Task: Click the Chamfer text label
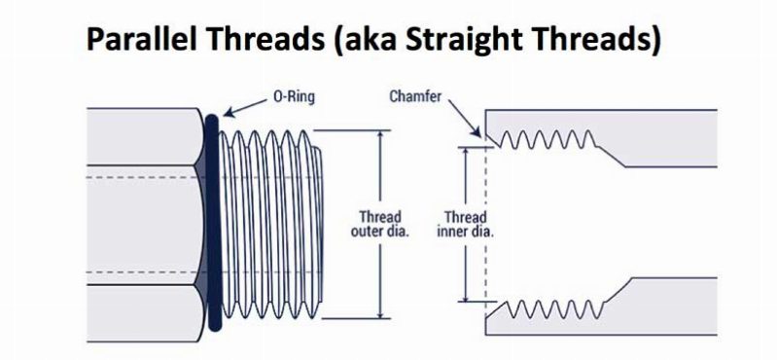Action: pyautogui.click(x=415, y=97)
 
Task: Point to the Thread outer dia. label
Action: pyautogui.click(x=379, y=224)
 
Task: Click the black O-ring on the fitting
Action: pyautogui.click(x=212, y=224)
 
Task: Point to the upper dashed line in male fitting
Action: pyautogui.click(x=146, y=178)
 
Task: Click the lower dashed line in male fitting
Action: pyautogui.click(x=146, y=271)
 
